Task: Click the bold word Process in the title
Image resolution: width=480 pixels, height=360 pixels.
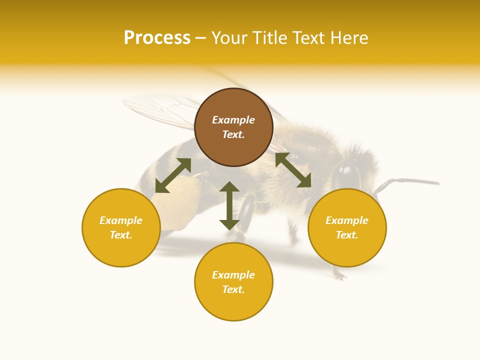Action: pos(157,38)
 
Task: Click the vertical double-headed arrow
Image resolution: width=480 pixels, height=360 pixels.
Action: pos(229,206)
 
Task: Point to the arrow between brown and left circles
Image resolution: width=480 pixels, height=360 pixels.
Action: pos(173,175)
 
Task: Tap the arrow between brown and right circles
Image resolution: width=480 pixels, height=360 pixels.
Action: pos(293,170)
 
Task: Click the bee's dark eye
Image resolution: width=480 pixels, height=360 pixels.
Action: pos(347,175)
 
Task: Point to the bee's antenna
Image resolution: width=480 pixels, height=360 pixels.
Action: pos(410,181)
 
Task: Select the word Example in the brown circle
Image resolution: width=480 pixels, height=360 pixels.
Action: pos(233,120)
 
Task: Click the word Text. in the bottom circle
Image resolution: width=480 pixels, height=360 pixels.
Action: pos(233,289)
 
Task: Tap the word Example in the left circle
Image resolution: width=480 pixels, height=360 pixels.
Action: pos(121,220)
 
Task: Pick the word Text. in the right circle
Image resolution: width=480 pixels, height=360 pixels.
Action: pos(347,235)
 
